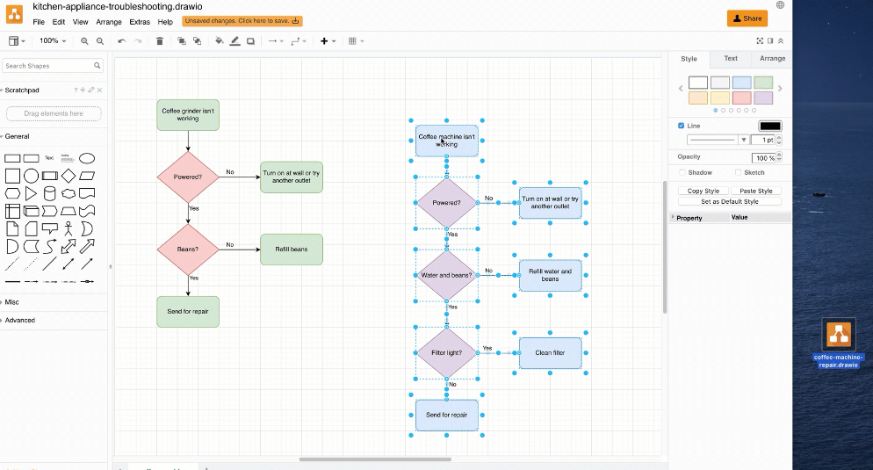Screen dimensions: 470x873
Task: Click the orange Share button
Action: [747, 18]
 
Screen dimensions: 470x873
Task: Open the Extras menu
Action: [140, 21]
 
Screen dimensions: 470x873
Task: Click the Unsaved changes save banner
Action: [242, 21]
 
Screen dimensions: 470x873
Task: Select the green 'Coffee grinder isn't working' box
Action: [188, 114]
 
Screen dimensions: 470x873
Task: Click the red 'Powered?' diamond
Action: [188, 177]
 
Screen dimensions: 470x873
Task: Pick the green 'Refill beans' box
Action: [292, 249]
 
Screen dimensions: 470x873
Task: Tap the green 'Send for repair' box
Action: [188, 311]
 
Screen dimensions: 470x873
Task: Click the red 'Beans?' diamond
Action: [188, 249]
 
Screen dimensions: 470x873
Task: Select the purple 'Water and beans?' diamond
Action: [446, 275]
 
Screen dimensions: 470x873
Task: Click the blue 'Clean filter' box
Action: [550, 353]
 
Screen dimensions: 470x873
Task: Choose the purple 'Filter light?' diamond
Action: [446, 353]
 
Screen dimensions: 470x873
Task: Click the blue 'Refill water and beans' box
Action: [550, 275]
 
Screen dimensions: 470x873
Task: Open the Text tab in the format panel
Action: [730, 59]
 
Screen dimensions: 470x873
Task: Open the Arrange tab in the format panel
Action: [772, 59]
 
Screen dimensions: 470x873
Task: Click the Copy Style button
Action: [703, 191]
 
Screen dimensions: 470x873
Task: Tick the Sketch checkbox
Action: [739, 173]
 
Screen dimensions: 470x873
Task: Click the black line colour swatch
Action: [769, 127]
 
